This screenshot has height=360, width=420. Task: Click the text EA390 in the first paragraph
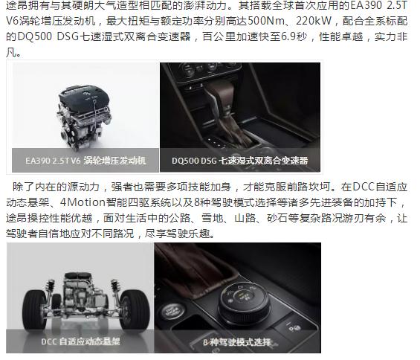tap(366, 5)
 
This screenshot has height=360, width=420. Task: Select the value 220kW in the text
tap(314, 21)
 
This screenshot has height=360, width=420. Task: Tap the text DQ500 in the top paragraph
tap(35, 36)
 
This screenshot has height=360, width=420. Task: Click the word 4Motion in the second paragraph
tap(83, 202)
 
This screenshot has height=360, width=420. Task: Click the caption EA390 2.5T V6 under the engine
tap(53, 161)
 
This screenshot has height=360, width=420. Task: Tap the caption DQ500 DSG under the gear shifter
tap(194, 161)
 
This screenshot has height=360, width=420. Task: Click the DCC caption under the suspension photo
tap(80, 341)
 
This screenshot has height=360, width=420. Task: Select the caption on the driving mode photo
tap(237, 342)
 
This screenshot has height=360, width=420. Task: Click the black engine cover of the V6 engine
tap(85, 99)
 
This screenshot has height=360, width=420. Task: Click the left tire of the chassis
tap(34, 310)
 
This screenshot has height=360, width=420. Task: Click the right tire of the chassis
tap(135, 310)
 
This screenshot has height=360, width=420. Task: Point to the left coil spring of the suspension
tap(51, 286)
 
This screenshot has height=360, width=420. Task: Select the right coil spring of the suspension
tap(115, 286)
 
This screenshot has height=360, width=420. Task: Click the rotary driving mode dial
tap(242, 303)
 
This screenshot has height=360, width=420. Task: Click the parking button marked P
tap(294, 328)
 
